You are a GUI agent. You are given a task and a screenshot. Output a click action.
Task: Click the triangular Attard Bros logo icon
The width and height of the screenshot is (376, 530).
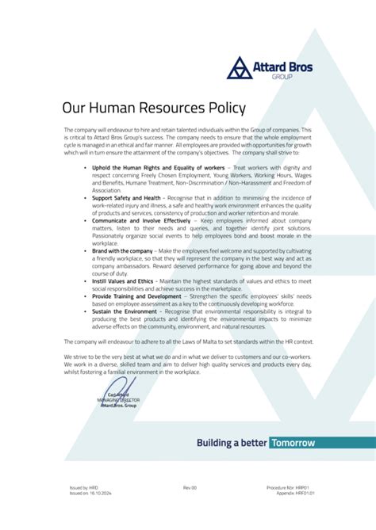pos(240,68)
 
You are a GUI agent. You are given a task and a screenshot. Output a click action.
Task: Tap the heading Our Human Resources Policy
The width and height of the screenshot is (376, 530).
pos(154,108)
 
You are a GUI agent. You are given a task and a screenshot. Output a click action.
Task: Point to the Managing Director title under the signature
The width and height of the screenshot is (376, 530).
pos(119,401)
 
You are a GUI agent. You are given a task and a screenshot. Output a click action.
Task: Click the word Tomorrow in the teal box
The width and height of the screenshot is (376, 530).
pos(292,443)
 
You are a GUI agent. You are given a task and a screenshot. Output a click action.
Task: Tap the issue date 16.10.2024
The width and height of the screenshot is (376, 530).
pos(93,492)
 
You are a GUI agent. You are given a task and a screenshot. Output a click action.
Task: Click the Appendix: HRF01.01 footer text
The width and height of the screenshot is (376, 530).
pos(295,492)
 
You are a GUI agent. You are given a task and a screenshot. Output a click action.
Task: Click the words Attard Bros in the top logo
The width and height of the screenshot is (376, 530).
pos(282,67)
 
